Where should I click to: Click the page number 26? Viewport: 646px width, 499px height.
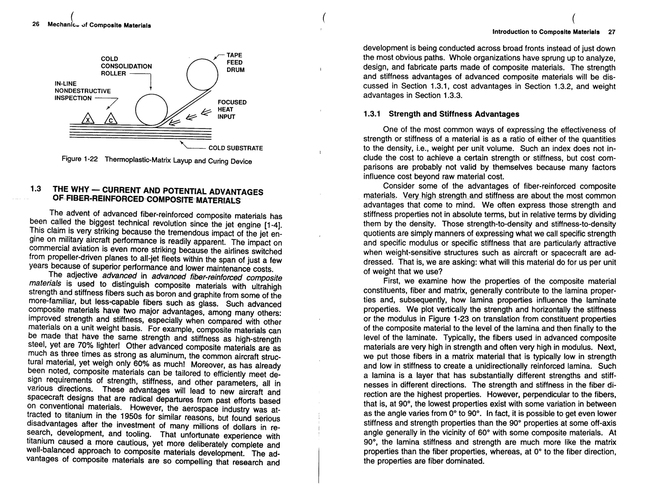pyautogui.click(x=36, y=24)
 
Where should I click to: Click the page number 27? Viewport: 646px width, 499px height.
pyautogui.click(x=612, y=32)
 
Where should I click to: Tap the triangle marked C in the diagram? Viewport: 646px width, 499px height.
pyautogui.click(x=111, y=119)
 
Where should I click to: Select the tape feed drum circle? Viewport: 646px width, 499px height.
pyautogui.click(x=202, y=74)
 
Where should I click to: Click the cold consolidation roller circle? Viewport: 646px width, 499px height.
pyautogui.click(x=151, y=110)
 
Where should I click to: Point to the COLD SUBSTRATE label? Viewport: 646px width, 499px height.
pyautogui.click(x=235, y=148)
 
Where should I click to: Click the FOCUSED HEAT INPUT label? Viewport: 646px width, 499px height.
pyautogui.click(x=232, y=109)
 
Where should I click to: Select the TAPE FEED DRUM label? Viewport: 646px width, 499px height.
pyautogui.click(x=235, y=62)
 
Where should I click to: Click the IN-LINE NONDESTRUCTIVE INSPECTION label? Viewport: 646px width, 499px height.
pyautogui.click(x=82, y=91)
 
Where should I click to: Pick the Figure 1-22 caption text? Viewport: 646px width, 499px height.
pyautogui.click(x=157, y=160)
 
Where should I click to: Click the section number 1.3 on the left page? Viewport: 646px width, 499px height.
pyautogui.click(x=36, y=189)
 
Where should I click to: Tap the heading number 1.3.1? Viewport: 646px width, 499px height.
pyautogui.click(x=372, y=114)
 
